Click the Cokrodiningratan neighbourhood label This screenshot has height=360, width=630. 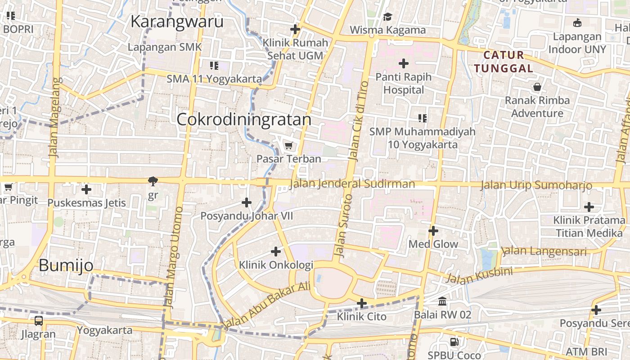(x=244, y=119)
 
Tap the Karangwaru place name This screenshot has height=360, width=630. (x=177, y=21)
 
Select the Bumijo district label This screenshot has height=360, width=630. (x=66, y=265)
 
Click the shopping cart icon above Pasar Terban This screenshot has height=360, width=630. (x=289, y=145)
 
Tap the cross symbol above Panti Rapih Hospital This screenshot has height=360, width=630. (x=404, y=63)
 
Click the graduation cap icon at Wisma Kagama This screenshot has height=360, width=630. (x=387, y=17)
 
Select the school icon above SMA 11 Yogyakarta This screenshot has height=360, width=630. (x=214, y=66)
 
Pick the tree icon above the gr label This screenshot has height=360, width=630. (x=153, y=181)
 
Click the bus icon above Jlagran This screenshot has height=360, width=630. (x=39, y=321)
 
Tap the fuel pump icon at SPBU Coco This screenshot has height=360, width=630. (x=454, y=342)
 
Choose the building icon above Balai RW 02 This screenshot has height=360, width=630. (x=442, y=301)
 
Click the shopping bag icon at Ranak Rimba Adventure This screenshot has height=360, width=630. (x=537, y=87)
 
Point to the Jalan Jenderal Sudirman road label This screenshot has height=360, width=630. (x=352, y=184)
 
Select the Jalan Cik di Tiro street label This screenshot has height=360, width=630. (x=358, y=121)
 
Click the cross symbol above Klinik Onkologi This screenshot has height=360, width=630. (x=276, y=252)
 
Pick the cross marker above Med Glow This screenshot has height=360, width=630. (x=433, y=231)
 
